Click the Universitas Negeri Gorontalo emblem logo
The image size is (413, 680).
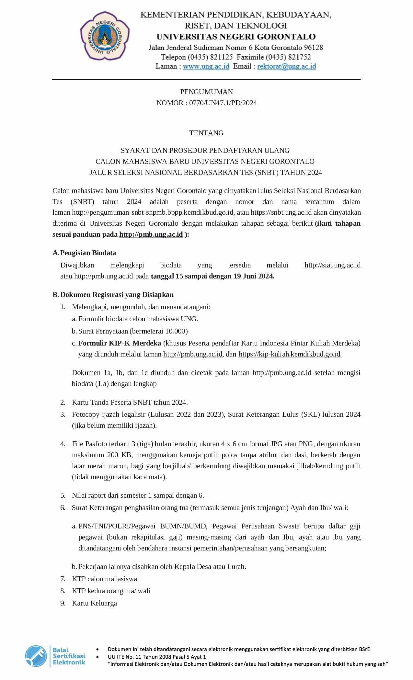(105, 36)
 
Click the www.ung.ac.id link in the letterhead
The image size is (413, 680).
(206, 66)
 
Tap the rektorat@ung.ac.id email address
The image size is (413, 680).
(287, 66)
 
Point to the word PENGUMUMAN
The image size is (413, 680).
(206, 92)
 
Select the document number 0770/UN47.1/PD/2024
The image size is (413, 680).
(223, 103)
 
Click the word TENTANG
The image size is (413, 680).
(206, 133)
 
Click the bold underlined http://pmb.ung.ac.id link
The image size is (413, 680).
(151, 234)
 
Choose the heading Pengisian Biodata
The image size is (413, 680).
(88, 253)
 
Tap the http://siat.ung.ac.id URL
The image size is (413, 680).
(332, 265)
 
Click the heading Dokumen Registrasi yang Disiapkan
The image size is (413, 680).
(117, 295)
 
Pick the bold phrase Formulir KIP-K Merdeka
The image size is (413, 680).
(120, 343)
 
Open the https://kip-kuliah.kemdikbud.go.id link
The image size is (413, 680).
(290, 354)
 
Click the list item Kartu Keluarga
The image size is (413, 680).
(94, 603)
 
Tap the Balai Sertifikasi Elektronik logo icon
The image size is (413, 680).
(36, 656)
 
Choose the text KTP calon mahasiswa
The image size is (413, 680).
(104, 579)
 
